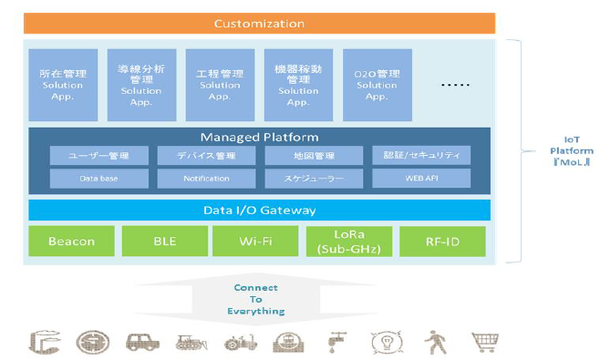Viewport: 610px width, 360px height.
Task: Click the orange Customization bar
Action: click(259, 23)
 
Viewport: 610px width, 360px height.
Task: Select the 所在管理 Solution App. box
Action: click(62, 85)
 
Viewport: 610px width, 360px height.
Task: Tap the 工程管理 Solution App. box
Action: click(220, 85)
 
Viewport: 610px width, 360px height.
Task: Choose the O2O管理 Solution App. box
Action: click(377, 85)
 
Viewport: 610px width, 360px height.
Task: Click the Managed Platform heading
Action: click(259, 137)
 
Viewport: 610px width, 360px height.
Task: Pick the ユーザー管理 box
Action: click(98, 156)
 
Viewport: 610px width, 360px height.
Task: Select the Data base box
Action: click(98, 179)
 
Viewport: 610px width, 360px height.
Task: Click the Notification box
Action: click(206, 179)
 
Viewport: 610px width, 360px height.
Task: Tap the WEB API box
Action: click(421, 179)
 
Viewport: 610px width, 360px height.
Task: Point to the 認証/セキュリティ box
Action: click(421, 156)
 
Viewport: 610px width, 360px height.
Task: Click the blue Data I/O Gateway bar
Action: click(259, 211)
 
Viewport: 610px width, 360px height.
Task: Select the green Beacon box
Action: click(71, 242)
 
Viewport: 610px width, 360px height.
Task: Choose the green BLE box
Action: click(164, 242)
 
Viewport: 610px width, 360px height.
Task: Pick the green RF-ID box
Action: click(442, 242)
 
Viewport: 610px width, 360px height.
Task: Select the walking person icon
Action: click(434, 343)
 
